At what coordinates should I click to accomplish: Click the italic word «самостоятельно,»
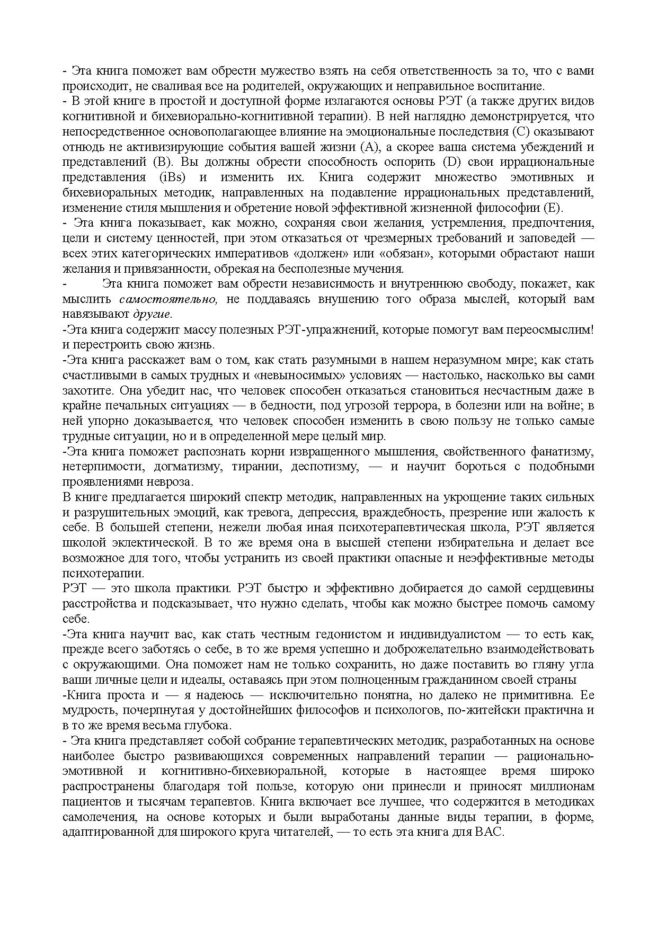168,299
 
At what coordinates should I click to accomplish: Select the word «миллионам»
567,786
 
